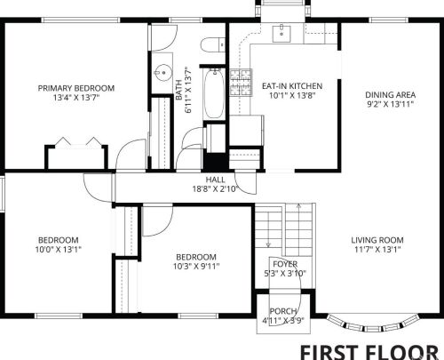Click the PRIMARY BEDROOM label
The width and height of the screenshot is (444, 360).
pos(76,88)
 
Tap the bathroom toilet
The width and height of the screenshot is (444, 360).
pos(213,45)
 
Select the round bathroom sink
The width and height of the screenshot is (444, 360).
pos(163,73)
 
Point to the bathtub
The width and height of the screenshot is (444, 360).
pos(214,93)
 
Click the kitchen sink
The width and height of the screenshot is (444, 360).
pos(281,34)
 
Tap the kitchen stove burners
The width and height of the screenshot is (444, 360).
pos(242,83)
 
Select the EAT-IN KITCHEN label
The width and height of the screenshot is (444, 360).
pos(292,86)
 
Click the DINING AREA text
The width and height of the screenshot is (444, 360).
pos(390,95)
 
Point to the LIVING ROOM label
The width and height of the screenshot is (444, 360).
pos(377,240)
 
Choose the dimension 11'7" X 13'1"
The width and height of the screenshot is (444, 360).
pos(377,250)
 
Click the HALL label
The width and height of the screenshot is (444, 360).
pos(215,180)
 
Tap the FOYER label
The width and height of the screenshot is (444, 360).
pos(285,264)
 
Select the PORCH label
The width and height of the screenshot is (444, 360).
pos(283,311)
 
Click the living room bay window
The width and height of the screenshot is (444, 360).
pos(373,324)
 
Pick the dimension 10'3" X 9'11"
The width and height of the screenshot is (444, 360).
pos(196,266)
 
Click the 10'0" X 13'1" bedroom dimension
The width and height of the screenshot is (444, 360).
pos(58,250)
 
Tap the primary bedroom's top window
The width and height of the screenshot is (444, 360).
pos(81,20)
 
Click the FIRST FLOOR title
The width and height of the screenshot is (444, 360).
pos(369,353)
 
